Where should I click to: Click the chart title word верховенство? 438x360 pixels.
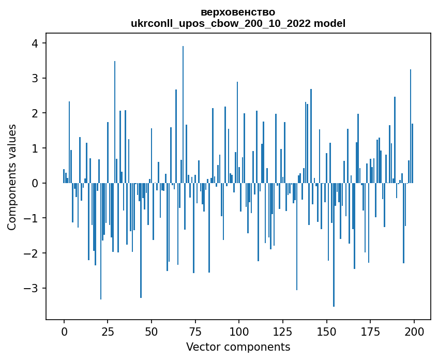(238, 12)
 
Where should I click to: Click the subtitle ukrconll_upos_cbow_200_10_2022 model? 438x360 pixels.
(238, 23)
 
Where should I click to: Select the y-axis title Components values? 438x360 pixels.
(12, 177)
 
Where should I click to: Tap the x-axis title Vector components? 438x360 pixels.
(238, 347)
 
